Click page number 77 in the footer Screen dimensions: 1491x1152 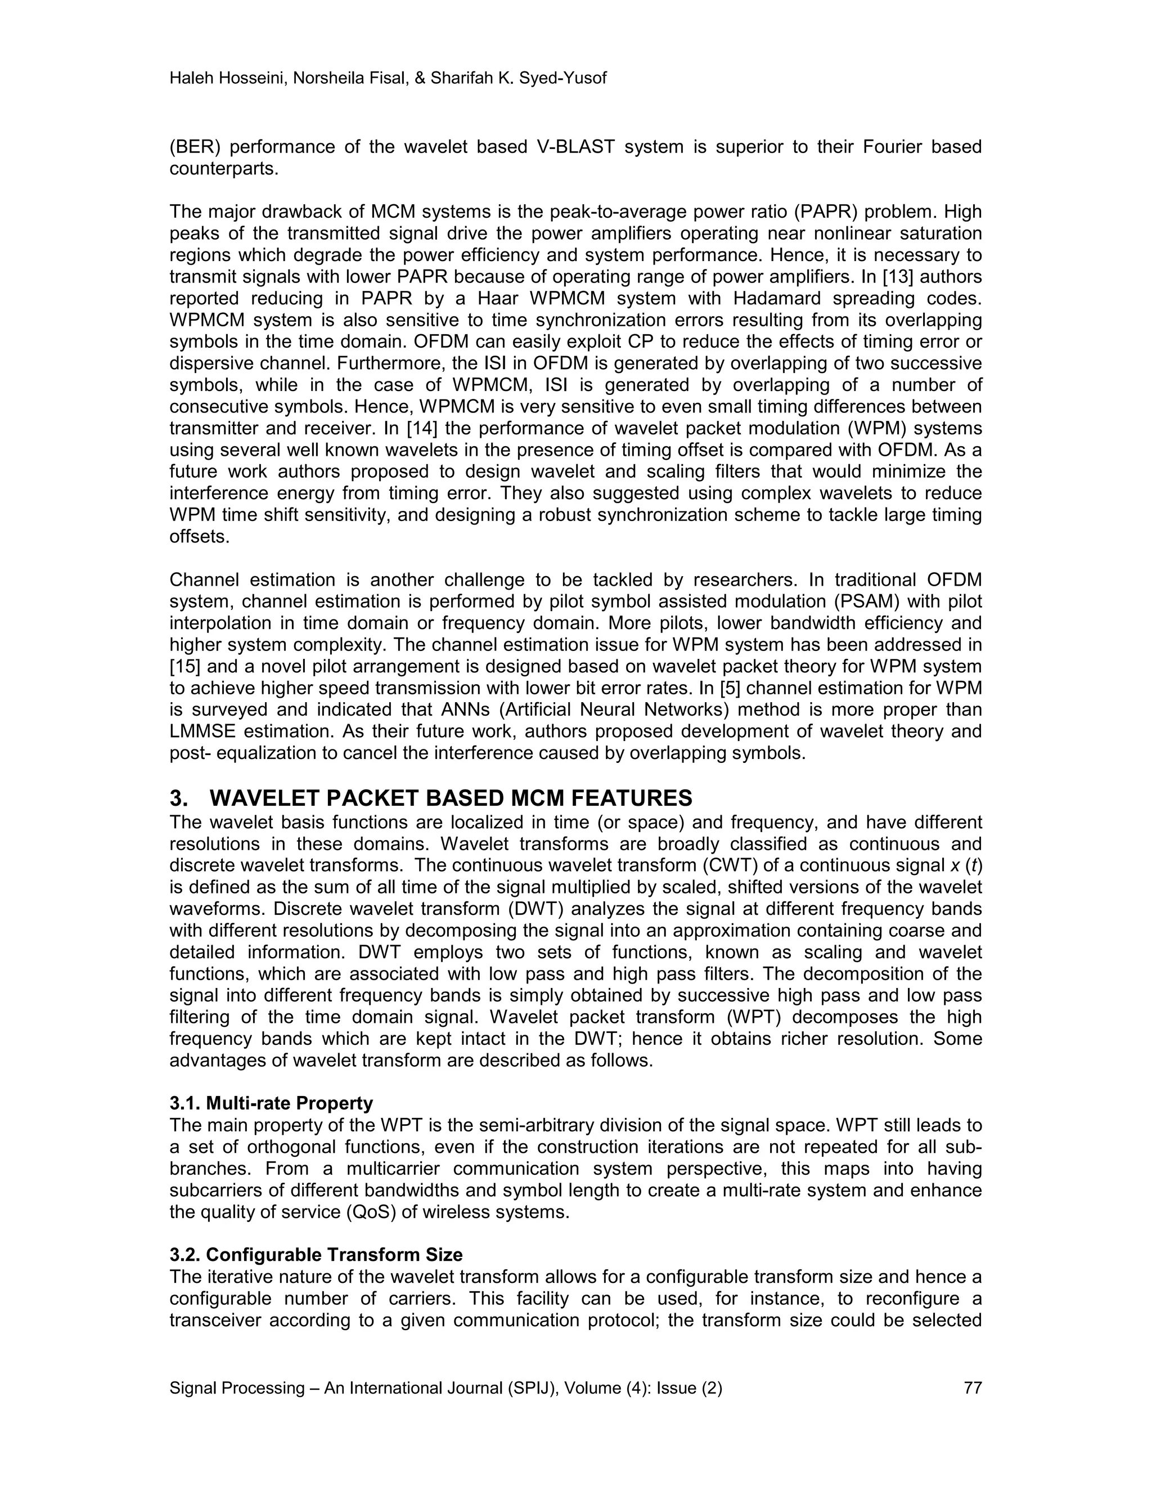(972, 1388)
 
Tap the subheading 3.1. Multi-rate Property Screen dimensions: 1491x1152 (271, 1103)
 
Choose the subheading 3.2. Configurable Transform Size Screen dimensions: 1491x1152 (316, 1255)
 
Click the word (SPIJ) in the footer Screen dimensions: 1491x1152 (529, 1388)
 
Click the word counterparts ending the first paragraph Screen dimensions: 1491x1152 (224, 169)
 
